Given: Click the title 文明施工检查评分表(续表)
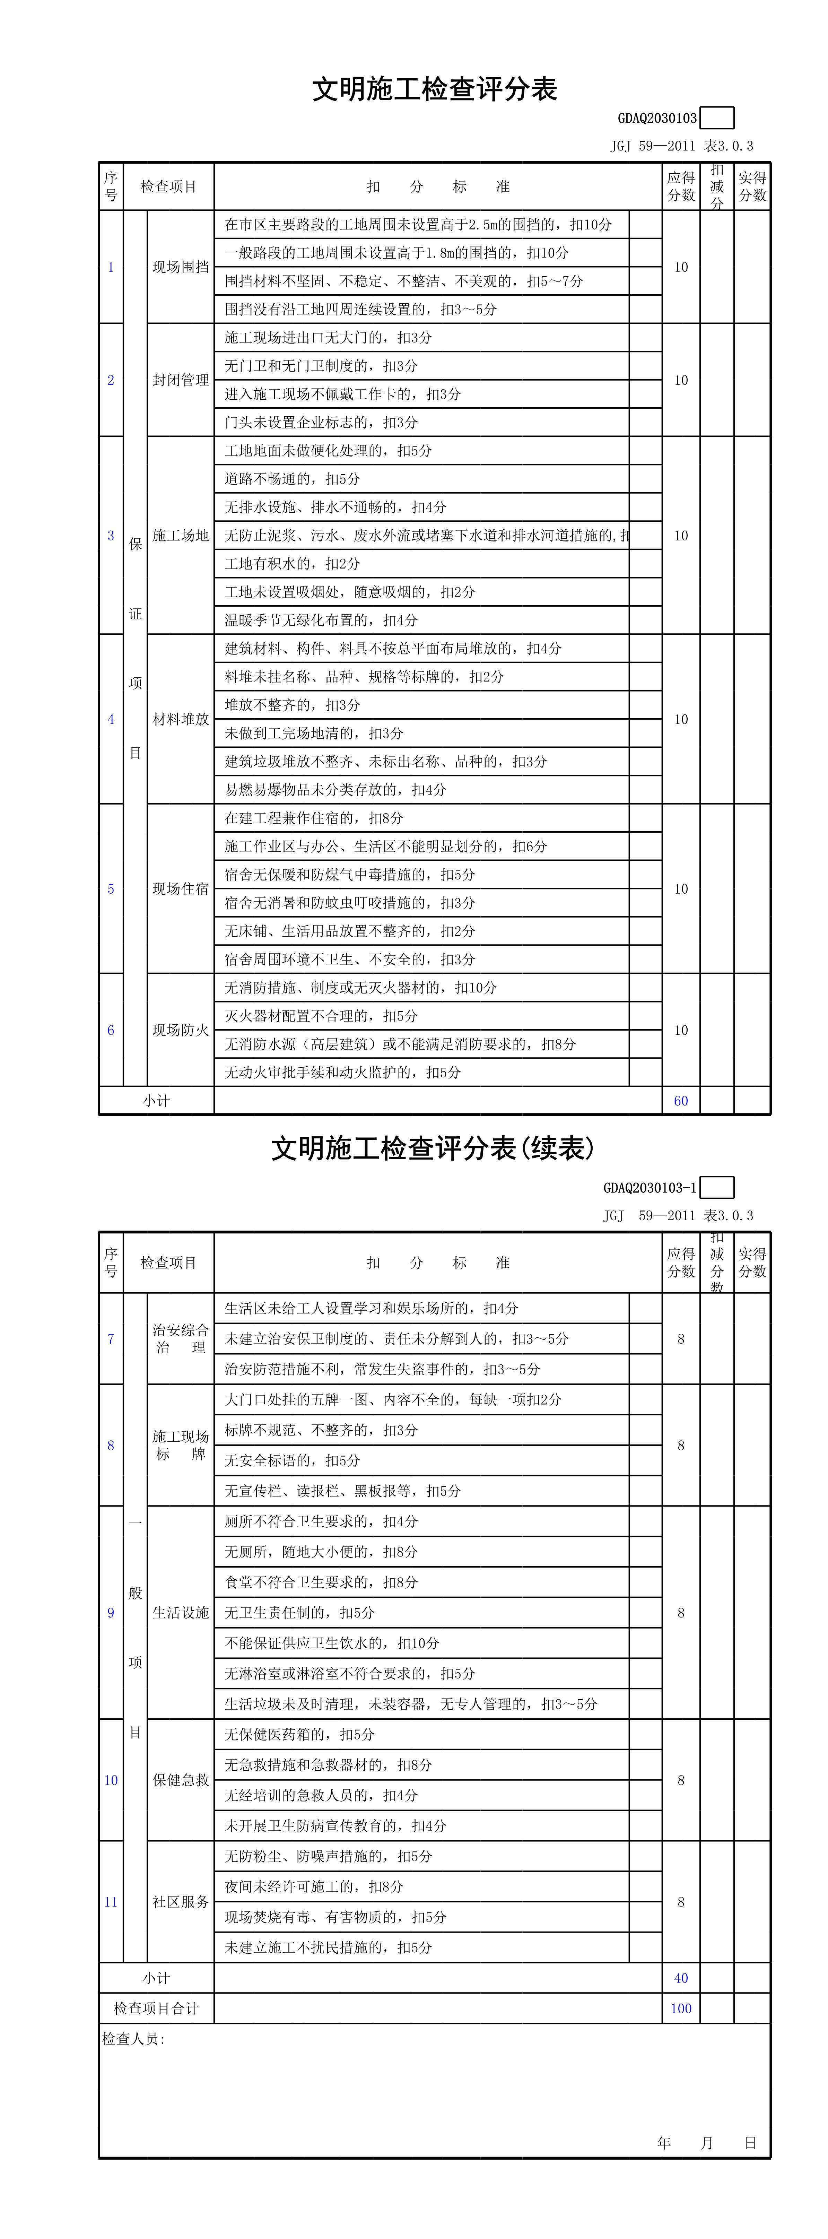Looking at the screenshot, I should point(433,1148).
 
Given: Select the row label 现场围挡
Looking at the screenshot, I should point(180,267).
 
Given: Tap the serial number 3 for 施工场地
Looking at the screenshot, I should point(110,536).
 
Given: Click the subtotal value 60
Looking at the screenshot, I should point(680,1100).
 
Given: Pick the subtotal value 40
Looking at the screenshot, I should point(680,1977).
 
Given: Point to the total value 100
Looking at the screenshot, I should point(680,2008).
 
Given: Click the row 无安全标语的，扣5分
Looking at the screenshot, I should point(292,1460).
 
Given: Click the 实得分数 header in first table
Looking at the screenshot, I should point(751,186).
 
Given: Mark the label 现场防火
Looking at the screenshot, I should point(180,1030).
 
